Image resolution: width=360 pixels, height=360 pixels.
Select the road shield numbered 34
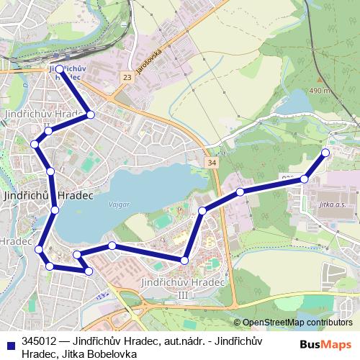point(210,163)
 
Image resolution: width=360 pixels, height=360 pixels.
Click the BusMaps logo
point(325,344)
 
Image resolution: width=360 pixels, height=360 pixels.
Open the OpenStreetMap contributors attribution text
point(297,323)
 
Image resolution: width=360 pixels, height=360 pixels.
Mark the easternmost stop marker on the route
point(325,152)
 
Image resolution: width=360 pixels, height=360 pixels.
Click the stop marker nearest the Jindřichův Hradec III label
point(185,261)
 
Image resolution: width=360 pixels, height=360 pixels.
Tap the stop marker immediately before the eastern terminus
point(305,179)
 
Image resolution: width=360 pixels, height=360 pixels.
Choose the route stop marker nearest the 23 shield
point(91,114)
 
